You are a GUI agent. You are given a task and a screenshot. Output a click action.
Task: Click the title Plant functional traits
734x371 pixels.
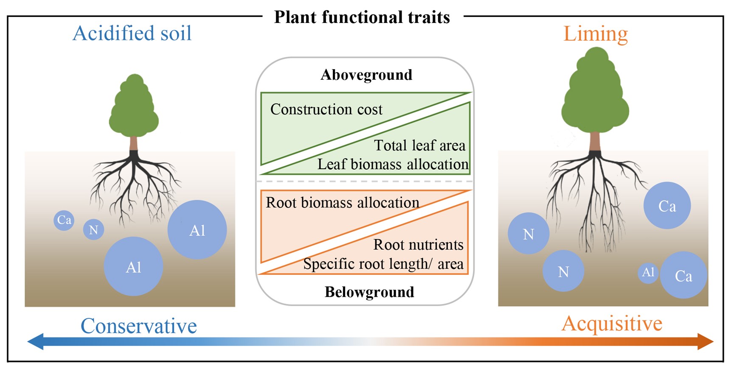tap(362, 17)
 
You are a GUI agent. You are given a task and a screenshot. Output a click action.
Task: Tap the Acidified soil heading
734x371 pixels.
tap(132, 33)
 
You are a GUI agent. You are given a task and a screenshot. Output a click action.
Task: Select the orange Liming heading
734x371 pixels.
tap(595, 33)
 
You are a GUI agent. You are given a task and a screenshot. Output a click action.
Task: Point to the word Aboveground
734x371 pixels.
tap(366, 75)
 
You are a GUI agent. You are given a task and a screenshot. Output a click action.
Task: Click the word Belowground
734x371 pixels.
tap(369, 292)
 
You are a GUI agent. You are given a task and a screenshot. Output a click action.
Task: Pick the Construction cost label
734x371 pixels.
tap(326, 109)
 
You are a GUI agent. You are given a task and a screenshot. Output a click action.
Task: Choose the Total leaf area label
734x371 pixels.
tap(419, 145)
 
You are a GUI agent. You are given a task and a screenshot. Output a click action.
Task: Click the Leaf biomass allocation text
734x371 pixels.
tap(393, 164)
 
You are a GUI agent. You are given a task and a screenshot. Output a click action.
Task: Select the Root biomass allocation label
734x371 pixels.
tap(342, 203)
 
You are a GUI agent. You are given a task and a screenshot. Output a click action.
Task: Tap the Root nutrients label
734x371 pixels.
tap(418, 245)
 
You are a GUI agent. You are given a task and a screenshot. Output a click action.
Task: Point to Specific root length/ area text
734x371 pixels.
tap(383, 264)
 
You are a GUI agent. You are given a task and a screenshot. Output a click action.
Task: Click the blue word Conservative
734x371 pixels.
tap(138, 326)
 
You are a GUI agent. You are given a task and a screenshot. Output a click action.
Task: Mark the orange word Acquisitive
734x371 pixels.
tap(611, 324)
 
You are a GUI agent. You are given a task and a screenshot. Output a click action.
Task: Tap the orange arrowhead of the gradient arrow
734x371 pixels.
tap(705, 341)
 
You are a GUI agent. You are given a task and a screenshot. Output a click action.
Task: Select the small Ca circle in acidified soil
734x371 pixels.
tap(64, 220)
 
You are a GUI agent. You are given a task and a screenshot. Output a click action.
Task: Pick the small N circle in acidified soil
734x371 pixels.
tap(93, 230)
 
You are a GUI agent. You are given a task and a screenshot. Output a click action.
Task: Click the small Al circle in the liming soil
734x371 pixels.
tap(648, 272)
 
